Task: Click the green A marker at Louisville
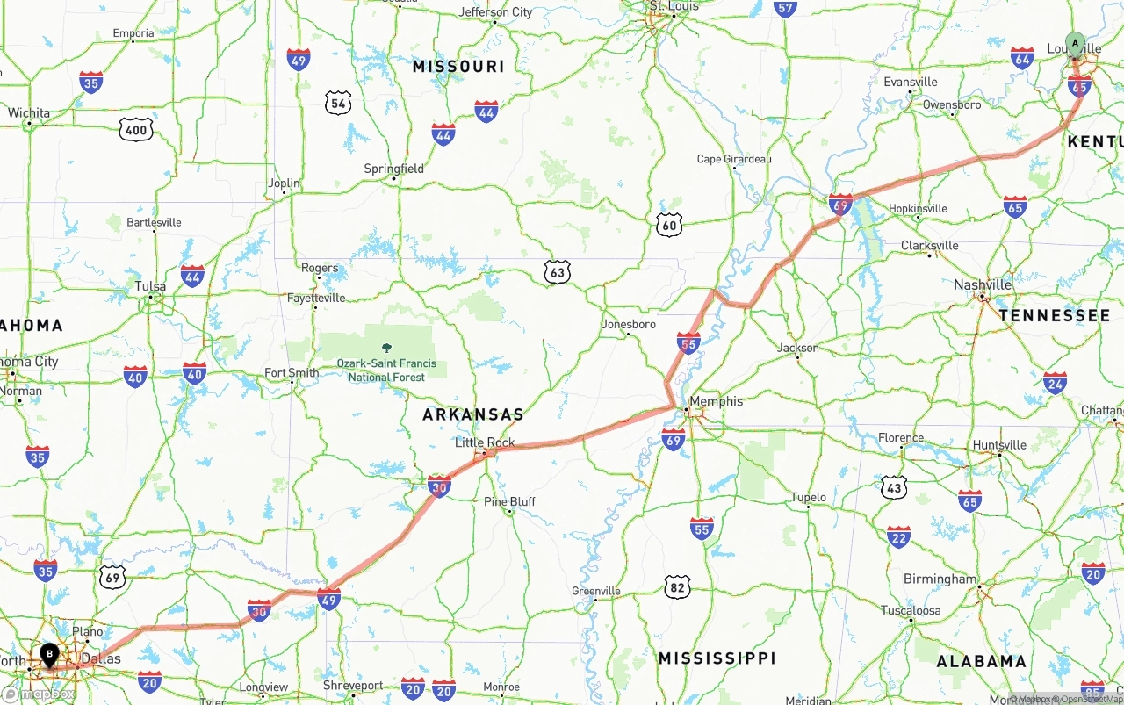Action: point(1075,43)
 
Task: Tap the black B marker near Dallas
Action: point(50,654)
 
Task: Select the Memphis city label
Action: point(716,401)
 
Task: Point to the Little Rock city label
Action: point(485,442)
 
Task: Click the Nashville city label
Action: point(983,284)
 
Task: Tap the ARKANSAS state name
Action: point(472,414)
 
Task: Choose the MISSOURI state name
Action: point(458,66)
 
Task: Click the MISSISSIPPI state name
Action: point(717,658)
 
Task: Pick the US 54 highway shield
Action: point(338,104)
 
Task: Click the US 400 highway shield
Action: point(136,131)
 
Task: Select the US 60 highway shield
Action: point(669,226)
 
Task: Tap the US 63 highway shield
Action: point(557,272)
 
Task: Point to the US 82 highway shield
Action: point(677,586)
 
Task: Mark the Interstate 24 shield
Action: point(1055,382)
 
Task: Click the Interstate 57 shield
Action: point(785,9)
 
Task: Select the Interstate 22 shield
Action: point(898,536)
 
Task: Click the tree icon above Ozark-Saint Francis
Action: point(386,349)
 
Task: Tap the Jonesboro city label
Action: point(628,324)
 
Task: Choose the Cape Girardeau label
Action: point(734,159)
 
